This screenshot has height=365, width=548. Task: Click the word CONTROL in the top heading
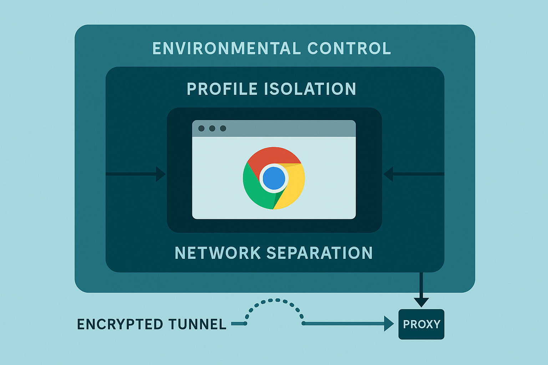click(x=349, y=48)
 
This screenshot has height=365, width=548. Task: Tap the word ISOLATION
click(x=310, y=89)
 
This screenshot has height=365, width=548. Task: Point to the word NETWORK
click(x=218, y=253)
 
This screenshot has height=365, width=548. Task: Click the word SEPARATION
click(x=319, y=253)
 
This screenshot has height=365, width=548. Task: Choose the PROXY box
click(x=421, y=324)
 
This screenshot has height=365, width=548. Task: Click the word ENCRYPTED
click(x=120, y=324)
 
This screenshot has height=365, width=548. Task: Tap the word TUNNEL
click(x=197, y=324)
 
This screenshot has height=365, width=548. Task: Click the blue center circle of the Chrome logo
click(x=274, y=178)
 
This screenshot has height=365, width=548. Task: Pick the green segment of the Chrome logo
click(x=255, y=191)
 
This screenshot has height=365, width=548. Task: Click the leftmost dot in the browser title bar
click(x=201, y=128)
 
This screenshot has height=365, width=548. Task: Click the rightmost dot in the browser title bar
click(x=223, y=128)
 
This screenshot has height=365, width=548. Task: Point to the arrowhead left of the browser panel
click(x=161, y=174)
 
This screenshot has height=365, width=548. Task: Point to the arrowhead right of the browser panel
click(x=388, y=174)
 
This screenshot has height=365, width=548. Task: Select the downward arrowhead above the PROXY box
click(x=421, y=302)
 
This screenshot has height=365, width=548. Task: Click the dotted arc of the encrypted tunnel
click(x=274, y=300)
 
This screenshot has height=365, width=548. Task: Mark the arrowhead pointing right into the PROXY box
click(x=389, y=324)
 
